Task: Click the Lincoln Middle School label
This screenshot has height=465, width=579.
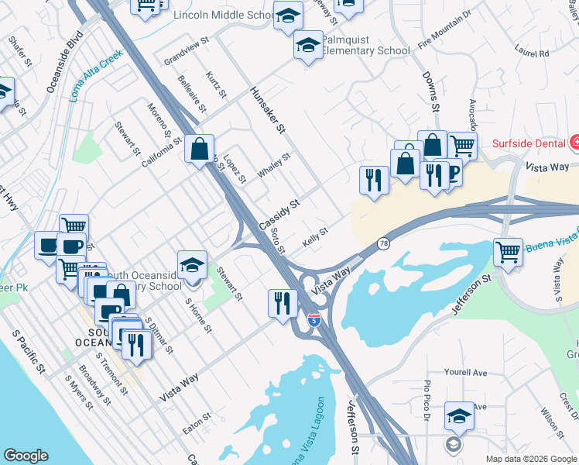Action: [224, 15]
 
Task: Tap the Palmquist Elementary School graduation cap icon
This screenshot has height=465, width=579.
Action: [307, 46]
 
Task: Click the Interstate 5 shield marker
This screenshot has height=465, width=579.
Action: [313, 319]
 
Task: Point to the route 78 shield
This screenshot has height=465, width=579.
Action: [383, 243]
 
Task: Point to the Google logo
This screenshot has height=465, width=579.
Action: [26, 456]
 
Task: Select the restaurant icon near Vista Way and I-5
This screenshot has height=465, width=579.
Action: [282, 302]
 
